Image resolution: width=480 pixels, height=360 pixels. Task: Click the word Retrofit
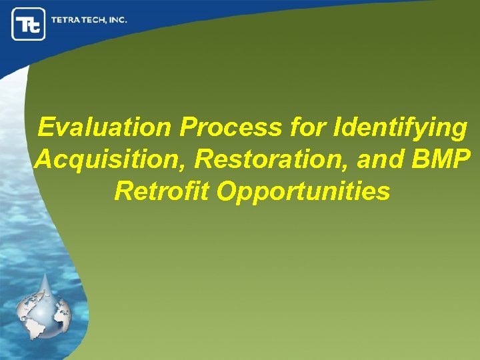(x=161, y=191)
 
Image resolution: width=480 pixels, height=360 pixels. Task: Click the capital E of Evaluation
(x=47, y=127)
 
